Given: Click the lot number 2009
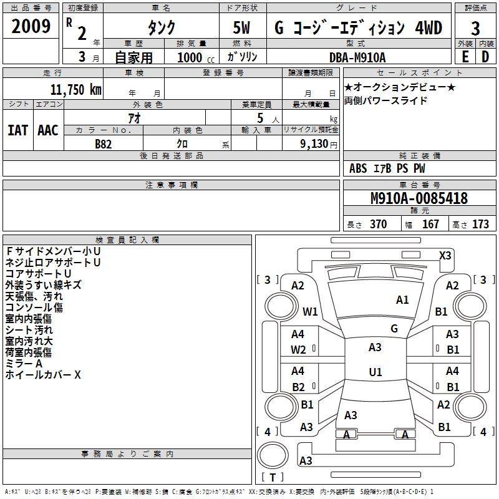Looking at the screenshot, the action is (31, 26).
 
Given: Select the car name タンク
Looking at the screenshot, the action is (161, 27).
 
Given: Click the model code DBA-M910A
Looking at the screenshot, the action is (357, 57).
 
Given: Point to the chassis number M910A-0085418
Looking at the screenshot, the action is (419, 198).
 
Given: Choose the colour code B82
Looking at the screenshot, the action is (104, 143).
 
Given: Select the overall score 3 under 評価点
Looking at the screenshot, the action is (475, 28).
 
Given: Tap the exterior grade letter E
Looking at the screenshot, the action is (465, 57).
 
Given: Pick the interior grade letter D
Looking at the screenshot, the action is (485, 57).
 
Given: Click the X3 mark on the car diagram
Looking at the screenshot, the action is (445, 255).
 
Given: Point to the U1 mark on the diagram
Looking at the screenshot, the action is (375, 372).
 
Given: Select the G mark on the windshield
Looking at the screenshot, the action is (394, 328).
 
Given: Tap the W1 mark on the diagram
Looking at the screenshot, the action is (310, 311).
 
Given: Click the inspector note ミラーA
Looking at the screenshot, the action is (24, 364).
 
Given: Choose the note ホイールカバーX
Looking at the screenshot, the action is (43, 375).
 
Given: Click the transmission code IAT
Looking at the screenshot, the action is (17, 130).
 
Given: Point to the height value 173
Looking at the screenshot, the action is (480, 225).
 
